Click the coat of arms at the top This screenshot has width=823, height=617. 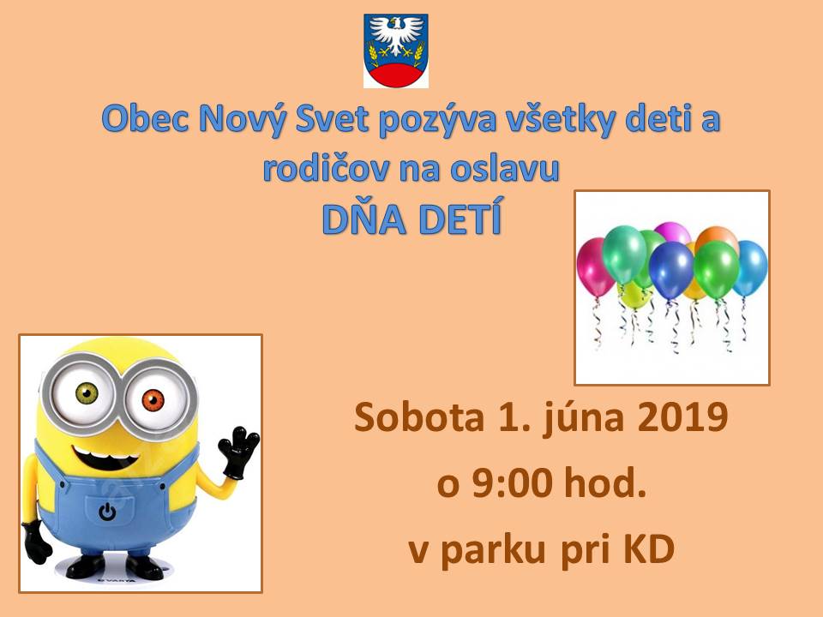coord(396,51)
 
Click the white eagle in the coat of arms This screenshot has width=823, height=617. coord(396,35)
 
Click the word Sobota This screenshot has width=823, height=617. coord(418,417)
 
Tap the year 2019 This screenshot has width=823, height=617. coord(682,417)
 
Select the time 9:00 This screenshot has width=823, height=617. coord(513,483)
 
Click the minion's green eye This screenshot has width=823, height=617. coord(87,393)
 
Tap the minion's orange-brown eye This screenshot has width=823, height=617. coord(153,401)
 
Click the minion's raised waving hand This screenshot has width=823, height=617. coord(238,452)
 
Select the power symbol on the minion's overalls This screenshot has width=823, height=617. coord(107,511)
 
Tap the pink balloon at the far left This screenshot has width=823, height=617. coord(595,267)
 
